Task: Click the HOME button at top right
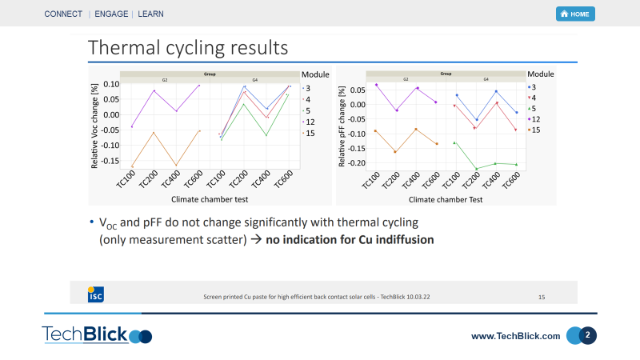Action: pyautogui.click(x=575, y=14)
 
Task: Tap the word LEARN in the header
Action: pyautogui.click(x=152, y=14)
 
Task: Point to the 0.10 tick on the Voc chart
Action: pyautogui.click(x=112, y=84)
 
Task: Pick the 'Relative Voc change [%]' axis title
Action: pyautogui.click(x=95, y=126)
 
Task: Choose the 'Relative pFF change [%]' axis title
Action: pyautogui.click(x=342, y=126)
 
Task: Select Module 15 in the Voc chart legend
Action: pyautogui.click(x=310, y=133)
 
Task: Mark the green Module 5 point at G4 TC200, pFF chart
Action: pyautogui.click(x=476, y=169)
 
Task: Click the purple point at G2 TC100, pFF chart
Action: pyautogui.click(x=376, y=85)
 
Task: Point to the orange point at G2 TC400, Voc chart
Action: pyautogui.click(x=177, y=166)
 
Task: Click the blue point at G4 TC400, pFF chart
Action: pyautogui.click(x=496, y=91)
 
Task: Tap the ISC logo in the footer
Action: pyautogui.click(x=94, y=294)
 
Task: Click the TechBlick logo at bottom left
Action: pyautogui.click(x=97, y=335)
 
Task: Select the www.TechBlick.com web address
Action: pyautogui.click(x=516, y=336)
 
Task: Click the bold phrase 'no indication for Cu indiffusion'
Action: pyautogui.click(x=350, y=239)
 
